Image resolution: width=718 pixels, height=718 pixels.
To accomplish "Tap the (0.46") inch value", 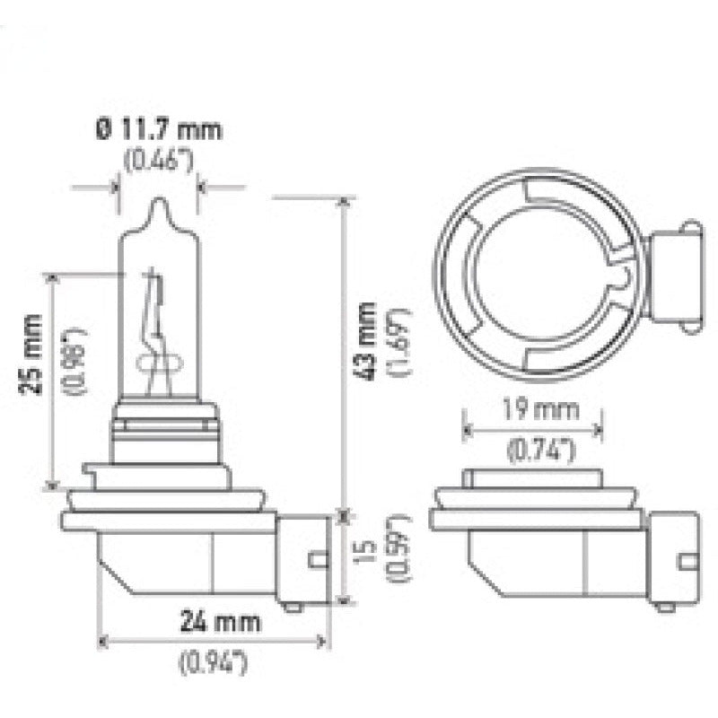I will coord(158,162).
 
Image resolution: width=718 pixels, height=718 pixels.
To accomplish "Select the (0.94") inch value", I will coord(214,664).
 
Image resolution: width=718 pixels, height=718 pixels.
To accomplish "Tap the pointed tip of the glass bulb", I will coord(158,203).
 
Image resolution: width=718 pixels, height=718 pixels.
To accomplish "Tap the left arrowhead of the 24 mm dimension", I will coord(102,641).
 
